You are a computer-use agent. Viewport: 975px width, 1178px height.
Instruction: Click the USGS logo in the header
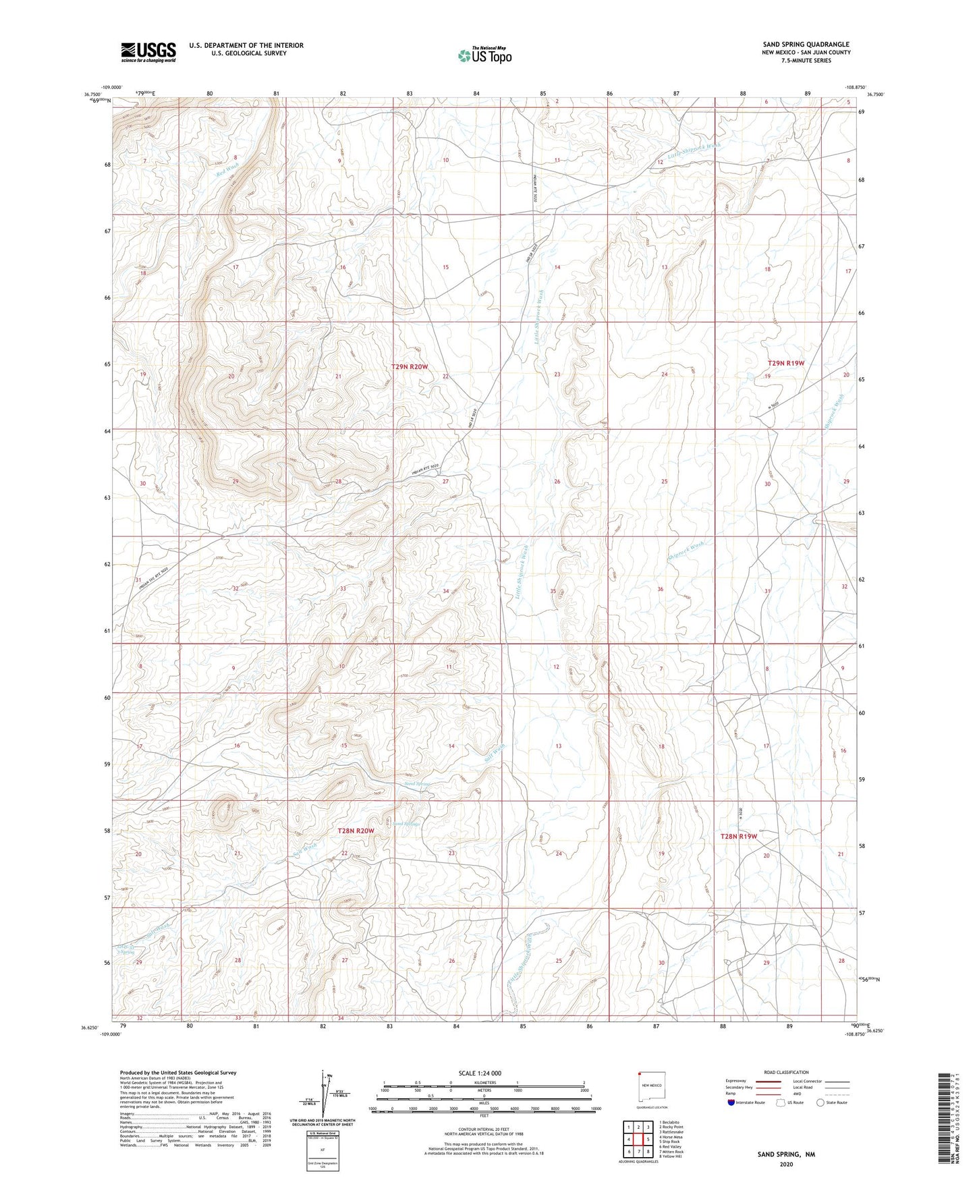(x=148, y=52)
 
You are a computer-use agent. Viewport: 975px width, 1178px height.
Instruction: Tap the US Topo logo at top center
(x=484, y=55)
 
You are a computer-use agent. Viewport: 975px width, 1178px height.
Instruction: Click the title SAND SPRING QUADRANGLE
(x=806, y=44)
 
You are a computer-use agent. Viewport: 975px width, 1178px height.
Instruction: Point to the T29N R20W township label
(x=410, y=366)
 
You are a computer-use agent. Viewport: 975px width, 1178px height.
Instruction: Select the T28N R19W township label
(x=739, y=836)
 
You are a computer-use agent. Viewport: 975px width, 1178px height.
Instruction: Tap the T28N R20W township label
(x=356, y=831)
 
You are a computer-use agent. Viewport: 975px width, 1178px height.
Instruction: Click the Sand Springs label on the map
(x=407, y=824)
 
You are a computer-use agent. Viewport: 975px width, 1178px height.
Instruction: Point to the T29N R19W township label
(x=786, y=363)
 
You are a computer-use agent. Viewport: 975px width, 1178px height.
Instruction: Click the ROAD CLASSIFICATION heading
(x=786, y=1072)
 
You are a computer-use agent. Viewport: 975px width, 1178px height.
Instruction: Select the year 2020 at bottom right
(x=786, y=1164)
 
